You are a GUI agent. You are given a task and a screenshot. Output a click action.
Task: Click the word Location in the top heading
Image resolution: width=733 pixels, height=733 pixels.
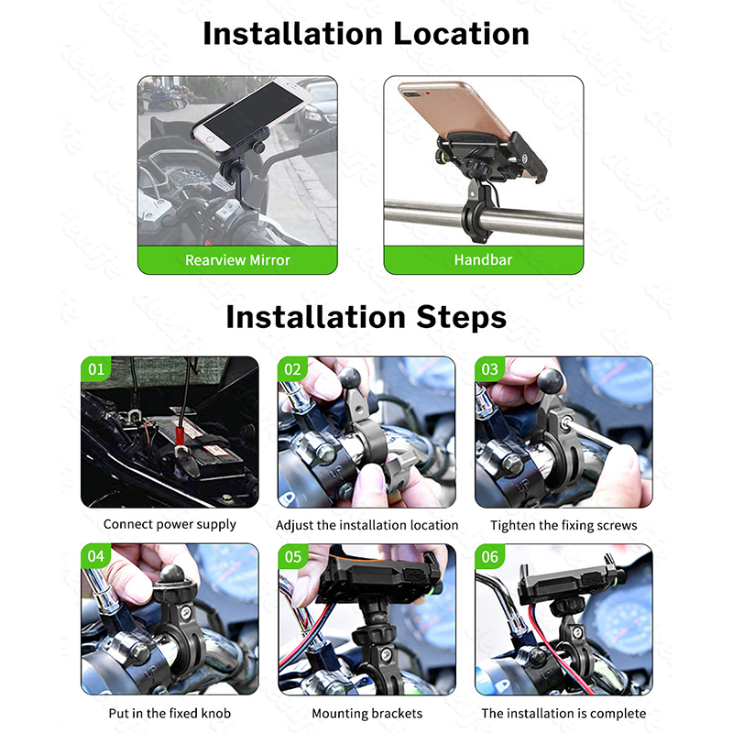click(462, 34)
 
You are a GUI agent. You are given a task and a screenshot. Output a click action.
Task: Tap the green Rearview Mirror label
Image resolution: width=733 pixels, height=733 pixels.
click(237, 260)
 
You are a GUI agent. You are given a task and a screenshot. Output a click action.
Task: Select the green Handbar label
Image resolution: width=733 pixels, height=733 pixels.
click(484, 260)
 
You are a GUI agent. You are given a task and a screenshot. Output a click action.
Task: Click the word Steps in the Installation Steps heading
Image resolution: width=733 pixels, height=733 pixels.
click(461, 317)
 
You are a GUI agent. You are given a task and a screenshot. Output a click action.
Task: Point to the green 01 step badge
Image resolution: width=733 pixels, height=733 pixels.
click(96, 369)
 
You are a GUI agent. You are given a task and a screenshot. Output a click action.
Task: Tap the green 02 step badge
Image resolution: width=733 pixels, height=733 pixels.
click(292, 369)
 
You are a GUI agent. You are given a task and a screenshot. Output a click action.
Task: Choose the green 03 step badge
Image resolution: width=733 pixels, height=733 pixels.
click(489, 369)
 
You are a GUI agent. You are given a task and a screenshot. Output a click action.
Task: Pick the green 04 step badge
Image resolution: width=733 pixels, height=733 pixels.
click(96, 556)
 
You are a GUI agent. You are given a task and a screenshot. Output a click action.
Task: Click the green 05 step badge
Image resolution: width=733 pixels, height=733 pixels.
click(293, 556)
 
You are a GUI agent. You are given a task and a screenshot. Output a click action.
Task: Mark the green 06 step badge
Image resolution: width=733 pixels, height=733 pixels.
click(490, 556)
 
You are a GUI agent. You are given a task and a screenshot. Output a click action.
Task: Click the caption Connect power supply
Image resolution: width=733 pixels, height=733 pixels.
click(170, 524)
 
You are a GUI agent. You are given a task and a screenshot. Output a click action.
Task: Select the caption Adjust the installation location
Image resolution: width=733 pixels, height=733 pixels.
click(367, 525)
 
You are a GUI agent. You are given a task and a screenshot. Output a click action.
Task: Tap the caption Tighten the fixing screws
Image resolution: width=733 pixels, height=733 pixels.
click(563, 525)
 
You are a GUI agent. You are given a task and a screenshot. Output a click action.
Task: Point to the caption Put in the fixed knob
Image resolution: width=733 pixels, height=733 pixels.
click(170, 714)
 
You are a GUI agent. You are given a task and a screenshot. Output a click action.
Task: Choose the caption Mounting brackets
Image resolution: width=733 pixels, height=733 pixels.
click(367, 714)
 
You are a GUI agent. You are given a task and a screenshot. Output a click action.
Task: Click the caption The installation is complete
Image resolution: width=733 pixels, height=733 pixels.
click(563, 714)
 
